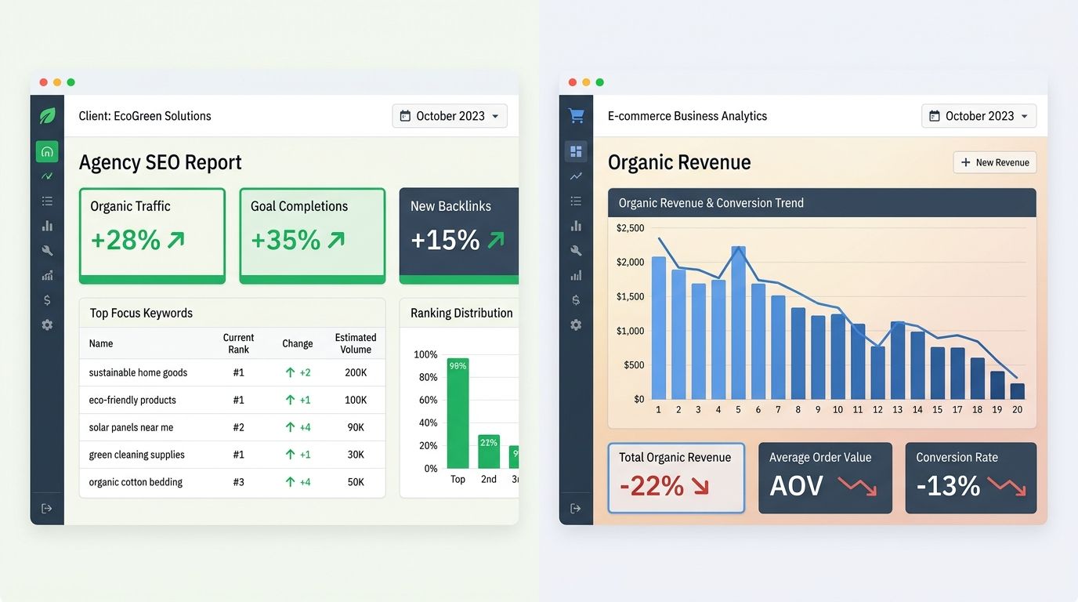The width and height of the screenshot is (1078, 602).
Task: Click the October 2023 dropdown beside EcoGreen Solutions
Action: [x=450, y=116]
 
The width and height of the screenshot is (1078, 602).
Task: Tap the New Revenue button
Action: [x=995, y=162]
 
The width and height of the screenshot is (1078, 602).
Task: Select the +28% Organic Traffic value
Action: [x=126, y=240]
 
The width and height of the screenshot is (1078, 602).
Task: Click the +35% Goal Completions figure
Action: [x=286, y=240]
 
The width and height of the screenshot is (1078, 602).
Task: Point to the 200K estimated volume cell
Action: [x=356, y=373]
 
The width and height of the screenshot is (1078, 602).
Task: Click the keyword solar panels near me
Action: [x=131, y=427]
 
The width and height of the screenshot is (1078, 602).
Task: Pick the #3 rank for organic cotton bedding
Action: [x=238, y=482]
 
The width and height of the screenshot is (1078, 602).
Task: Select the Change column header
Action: [x=298, y=343]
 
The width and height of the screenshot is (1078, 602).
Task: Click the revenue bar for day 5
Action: [x=738, y=323]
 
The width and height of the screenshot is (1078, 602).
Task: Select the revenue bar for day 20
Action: [x=1017, y=391]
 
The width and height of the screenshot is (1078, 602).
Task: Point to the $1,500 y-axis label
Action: [x=630, y=296]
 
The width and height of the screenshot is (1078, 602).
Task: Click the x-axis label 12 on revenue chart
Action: [x=877, y=410]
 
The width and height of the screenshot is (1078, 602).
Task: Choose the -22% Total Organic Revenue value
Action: [x=652, y=486]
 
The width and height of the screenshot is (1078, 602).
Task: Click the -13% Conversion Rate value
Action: [x=948, y=486]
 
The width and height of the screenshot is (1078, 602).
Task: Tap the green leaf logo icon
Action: [x=47, y=116]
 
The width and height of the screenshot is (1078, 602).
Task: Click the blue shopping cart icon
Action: [x=576, y=116]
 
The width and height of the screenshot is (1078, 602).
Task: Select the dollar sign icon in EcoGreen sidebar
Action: [x=47, y=300]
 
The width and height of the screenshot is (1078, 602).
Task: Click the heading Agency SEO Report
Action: [x=161, y=162]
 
